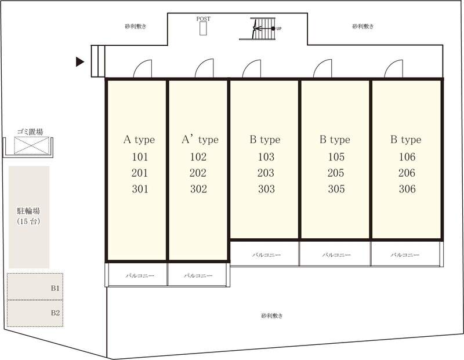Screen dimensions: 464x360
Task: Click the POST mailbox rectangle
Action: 203,28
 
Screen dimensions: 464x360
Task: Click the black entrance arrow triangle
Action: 80,61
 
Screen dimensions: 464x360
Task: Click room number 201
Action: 140,173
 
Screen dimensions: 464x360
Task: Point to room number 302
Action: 198,189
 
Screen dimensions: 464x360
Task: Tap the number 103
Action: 266,157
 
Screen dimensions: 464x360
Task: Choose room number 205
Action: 336,173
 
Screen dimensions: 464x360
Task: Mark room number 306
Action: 407,189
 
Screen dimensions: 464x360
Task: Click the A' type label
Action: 200,140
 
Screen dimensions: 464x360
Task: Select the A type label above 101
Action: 139,140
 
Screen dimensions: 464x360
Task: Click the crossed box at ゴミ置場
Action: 31,146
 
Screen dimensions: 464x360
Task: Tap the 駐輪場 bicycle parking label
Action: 28,210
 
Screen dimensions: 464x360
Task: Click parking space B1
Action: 35,286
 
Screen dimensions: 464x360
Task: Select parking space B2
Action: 35,313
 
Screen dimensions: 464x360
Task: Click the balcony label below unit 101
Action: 140,276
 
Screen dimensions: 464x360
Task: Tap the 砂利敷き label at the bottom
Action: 271,315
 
